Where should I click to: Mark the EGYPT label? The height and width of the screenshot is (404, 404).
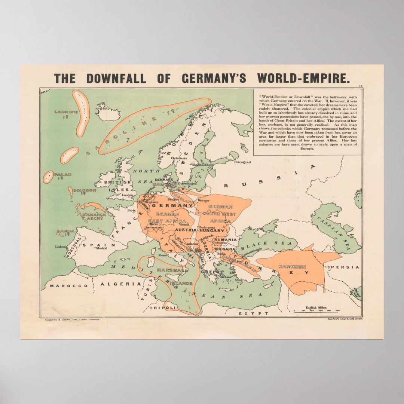(x=257, y=313)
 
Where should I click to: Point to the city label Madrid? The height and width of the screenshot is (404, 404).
(x=101, y=248)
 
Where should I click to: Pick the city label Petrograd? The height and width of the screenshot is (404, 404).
(x=242, y=162)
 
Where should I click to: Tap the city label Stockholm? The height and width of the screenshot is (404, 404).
(x=206, y=165)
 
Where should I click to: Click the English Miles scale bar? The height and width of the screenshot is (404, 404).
(x=316, y=310)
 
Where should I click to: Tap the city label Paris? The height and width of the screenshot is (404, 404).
(x=131, y=210)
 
